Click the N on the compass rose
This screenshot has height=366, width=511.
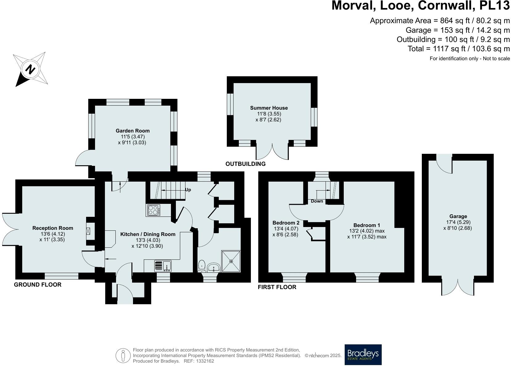click(x=30, y=69)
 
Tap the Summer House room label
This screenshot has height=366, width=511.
click(x=269, y=108)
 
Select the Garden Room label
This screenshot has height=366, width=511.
click(x=132, y=131)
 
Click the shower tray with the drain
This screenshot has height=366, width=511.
click(x=231, y=261)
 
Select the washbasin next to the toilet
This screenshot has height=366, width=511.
click(x=213, y=267)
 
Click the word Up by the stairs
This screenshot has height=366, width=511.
click(x=188, y=190)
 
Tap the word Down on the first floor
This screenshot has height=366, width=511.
click(x=317, y=201)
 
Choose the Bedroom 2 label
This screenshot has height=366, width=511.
click(x=286, y=223)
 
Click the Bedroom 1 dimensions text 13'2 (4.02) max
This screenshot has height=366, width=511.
click(x=367, y=231)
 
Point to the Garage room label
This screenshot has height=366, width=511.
click(x=458, y=216)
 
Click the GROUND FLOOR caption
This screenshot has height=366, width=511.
click(x=38, y=284)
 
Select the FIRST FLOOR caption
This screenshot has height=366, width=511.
click(x=277, y=287)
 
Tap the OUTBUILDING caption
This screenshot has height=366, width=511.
click(x=245, y=164)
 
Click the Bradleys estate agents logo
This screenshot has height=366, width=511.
click(x=363, y=355)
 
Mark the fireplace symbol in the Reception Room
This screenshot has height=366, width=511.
click(x=89, y=231)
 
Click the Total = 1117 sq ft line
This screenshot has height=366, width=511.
click(x=459, y=48)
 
